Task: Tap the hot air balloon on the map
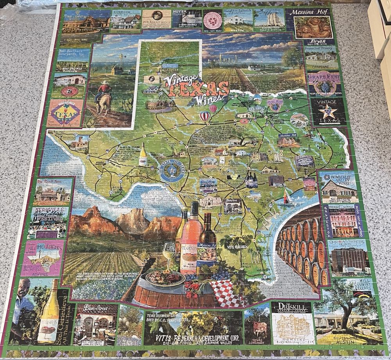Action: coord(205,116)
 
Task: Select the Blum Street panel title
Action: coord(96,307)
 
